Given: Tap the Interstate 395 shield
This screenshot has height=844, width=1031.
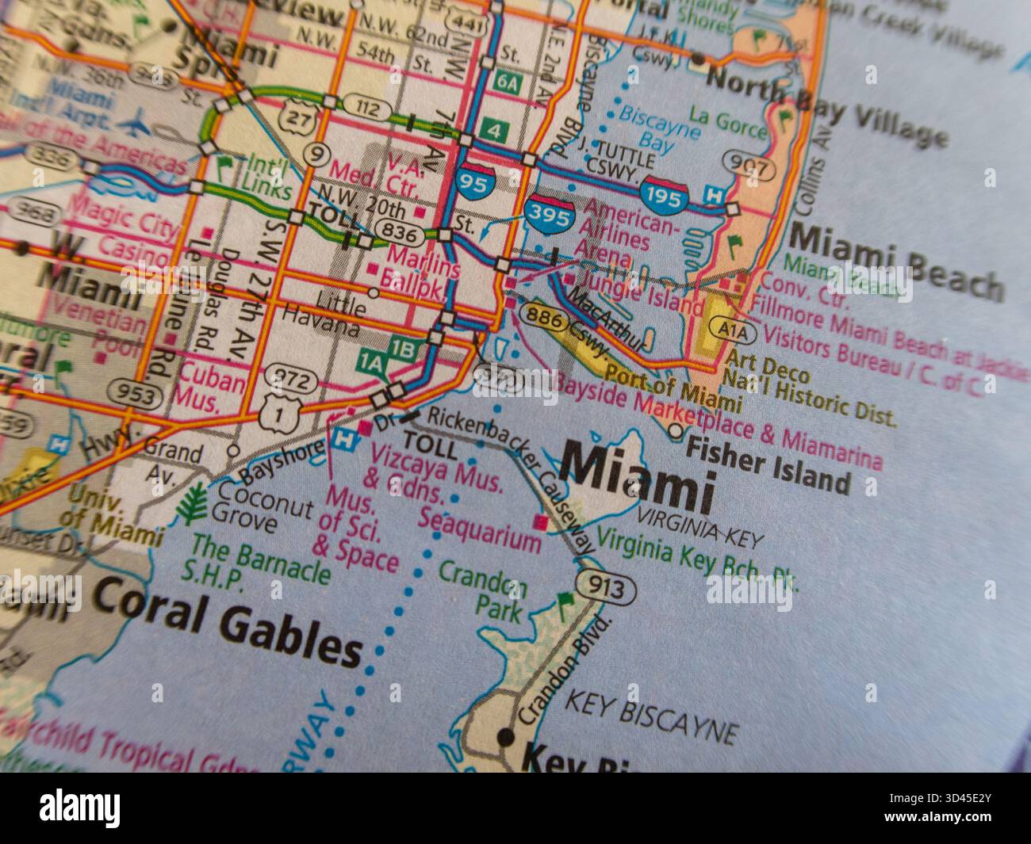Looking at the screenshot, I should [x=550, y=210].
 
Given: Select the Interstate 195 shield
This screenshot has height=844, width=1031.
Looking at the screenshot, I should [x=664, y=195].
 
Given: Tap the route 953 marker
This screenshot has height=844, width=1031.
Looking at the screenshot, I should [x=127, y=389].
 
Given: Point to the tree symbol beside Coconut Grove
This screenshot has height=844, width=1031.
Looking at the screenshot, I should [x=194, y=502].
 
